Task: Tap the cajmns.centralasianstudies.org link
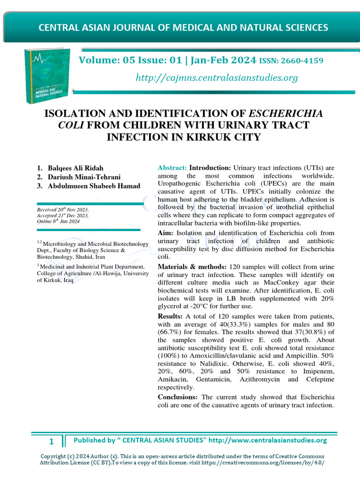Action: click(217, 78)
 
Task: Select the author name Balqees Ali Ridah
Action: click(76, 168)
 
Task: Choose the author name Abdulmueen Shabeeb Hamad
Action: click(94, 186)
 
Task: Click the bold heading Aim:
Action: click(165, 233)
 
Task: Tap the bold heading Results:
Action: click(171, 316)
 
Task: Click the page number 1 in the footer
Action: click(52, 441)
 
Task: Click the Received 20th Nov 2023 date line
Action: click(63, 210)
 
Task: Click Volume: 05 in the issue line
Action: click(101, 60)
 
